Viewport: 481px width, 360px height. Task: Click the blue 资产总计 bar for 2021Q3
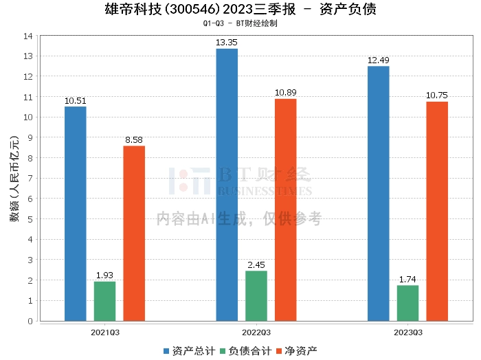click(76, 214)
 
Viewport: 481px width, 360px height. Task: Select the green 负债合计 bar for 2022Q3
click(256, 296)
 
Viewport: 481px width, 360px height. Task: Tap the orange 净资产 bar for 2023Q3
click(437, 212)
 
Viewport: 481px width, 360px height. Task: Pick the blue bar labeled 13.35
click(227, 185)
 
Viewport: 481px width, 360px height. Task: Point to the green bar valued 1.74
click(407, 303)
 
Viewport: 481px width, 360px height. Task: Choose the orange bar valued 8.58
click(134, 234)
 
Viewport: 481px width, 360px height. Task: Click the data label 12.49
click(378, 60)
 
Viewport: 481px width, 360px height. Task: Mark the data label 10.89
click(286, 93)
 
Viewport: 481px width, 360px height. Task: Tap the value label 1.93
click(104, 275)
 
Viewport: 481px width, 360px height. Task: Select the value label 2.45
click(256, 265)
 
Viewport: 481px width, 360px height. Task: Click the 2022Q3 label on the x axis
click(256, 333)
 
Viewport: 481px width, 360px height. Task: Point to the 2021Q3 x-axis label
click(105, 333)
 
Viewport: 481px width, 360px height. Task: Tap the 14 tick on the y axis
click(28, 36)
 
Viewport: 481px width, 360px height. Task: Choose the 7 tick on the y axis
click(30, 178)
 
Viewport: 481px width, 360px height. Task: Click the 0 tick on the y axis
click(30, 321)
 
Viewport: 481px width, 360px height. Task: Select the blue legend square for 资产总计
click(166, 351)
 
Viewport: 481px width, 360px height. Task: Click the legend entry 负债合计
click(250, 351)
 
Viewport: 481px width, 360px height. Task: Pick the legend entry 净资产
click(301, 351)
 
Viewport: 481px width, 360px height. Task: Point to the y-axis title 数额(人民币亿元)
click(14, 179)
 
